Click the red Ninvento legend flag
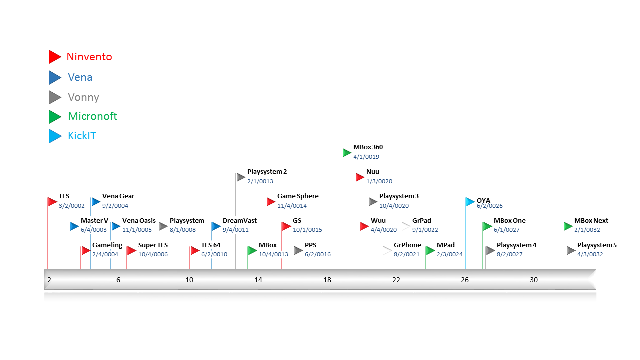click(54, 57)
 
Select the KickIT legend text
click(82, 136)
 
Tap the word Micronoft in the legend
click(92, 116)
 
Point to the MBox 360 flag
click(347, 153)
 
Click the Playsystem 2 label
click(267, 172)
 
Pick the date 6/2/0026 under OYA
click(489, 206)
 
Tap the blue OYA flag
click(470, 202)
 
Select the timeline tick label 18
click(327, 280)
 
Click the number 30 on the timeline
click(534, 280)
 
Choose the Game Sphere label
click(298, 196)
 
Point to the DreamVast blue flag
click(216, 226)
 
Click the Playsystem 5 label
click(597, 245)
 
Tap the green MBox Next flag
click(568, 226)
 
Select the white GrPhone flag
click(387, 251)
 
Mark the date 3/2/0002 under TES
click(71, 206)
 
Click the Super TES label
click(153, 245)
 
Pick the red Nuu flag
click(359, 177)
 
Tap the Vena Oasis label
click(139, 221)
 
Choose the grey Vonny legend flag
click(54, 97)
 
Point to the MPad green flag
click(430, 251)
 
